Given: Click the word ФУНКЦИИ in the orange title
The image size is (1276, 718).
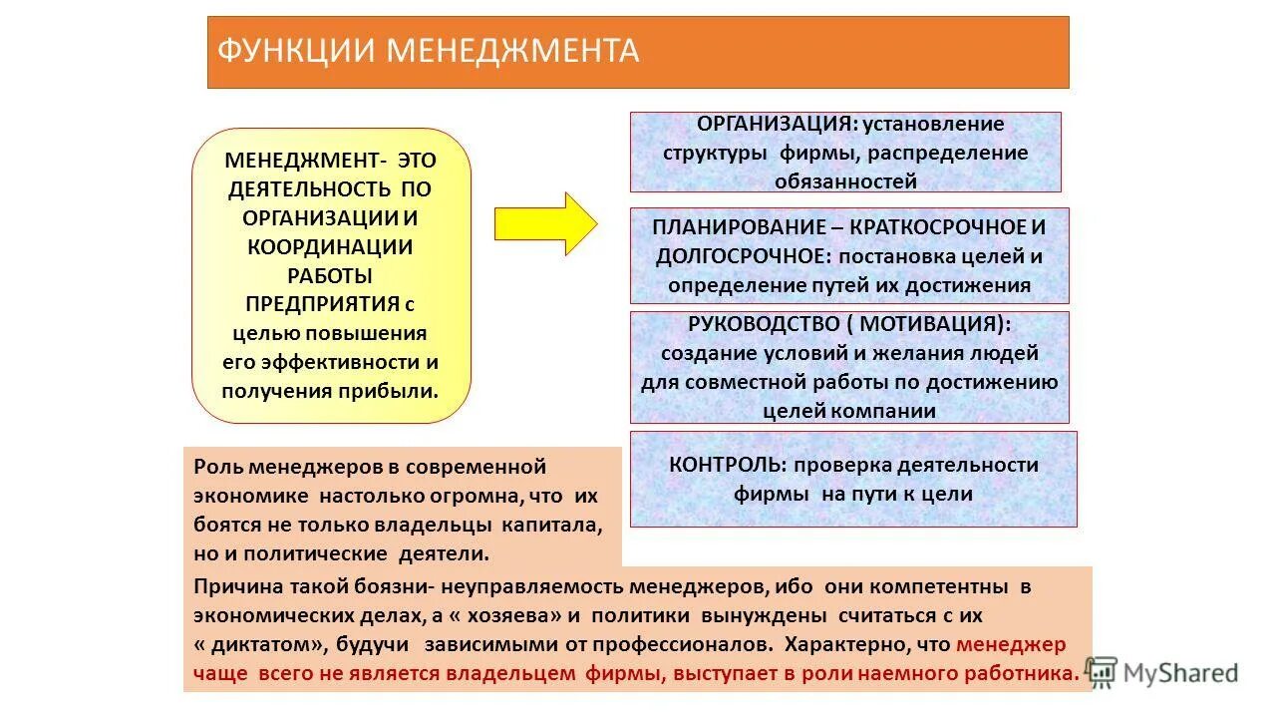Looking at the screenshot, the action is coord(295,51).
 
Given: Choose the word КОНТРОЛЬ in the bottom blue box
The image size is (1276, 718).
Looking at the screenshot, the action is coord(724,465).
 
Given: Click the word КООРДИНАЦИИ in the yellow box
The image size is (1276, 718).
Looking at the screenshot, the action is coord(330,245).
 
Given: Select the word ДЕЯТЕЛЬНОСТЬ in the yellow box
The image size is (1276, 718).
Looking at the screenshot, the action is coord(309,188).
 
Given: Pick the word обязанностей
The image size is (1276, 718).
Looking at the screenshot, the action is coord(844,181).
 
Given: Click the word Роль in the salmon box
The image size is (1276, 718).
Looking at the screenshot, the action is coord(217,467).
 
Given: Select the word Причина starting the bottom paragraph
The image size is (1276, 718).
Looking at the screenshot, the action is coord(235,586).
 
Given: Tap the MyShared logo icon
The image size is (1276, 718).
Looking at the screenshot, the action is coord(1102,673).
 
